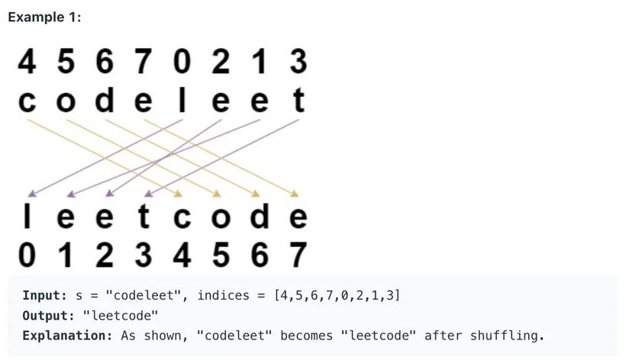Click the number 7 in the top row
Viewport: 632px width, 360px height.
click(x=143, y=62)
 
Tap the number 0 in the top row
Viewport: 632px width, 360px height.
click(x=182, y=62)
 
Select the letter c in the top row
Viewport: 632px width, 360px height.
click(x=27, y=101)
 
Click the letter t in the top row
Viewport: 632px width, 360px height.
click(x=298, y=99)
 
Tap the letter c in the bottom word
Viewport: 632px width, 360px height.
click(x=182, y=217)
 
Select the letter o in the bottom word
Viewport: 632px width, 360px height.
click(x=221, y=217)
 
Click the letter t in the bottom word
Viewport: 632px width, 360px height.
click(x=144, y=216)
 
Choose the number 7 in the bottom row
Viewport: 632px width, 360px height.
click(x=298, y=255)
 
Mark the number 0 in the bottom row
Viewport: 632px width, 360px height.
click(x=27, y=255)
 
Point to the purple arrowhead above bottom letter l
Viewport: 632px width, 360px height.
click(x=32, y=194)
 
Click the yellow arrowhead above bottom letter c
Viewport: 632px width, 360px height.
click(x=178, y=194)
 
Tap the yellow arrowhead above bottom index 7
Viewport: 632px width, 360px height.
click(x=294, y=194)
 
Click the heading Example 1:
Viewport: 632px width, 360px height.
click(x=44, y=18)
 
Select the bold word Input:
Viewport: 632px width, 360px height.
click(x=45, y=296)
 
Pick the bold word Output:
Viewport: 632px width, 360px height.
click(x=49, y=316)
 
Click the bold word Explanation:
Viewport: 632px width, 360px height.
click(x=67, y=336)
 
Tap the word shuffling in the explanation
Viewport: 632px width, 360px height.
click(x=507, y=336)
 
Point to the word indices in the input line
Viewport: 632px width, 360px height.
click(x=224, y=296)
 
